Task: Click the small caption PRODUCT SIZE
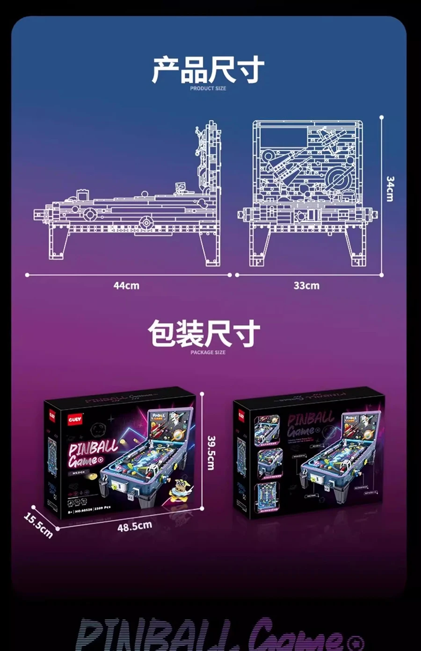[x=208, y=88]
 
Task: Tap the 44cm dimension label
[x=126, y=285]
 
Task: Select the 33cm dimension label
[x=306, y=285]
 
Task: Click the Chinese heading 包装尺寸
[x=204, y=333]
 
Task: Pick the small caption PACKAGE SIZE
[x=208, y=352]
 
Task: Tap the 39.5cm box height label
[x=211, y=452]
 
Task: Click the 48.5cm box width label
[x=135, y=526]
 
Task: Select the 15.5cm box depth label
[x=38, y=525]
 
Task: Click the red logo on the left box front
[x=75, y=419]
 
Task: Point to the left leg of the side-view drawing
[x=56, y=243]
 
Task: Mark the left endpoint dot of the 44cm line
[x=27, y=275]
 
